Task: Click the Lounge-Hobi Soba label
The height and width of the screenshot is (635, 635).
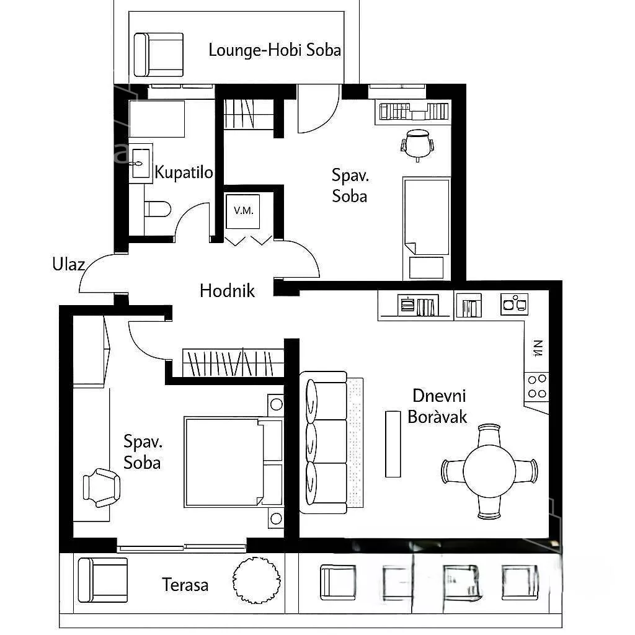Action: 275,50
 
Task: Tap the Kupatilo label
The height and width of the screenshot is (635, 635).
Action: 184,172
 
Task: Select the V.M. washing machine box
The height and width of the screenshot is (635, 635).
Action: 242,211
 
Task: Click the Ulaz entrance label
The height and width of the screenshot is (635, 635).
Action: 68,264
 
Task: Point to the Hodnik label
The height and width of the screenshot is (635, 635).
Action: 227,291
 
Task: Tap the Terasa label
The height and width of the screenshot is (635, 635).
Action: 185,585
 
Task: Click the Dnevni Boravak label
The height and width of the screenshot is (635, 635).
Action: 438,406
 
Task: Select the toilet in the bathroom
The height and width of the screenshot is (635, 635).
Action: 158,210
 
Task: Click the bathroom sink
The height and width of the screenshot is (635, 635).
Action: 141,163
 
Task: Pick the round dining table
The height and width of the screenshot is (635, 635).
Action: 489,471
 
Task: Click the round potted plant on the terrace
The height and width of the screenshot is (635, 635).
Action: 256,580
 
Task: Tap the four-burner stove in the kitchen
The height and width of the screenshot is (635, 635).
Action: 536,386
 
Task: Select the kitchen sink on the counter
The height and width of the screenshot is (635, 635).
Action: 514,304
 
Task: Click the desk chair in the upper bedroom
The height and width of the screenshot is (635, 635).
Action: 417,144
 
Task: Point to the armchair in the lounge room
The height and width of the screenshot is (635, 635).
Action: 158,55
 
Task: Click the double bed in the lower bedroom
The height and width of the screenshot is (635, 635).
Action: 233,461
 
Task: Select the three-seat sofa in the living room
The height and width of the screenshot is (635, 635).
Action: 323,443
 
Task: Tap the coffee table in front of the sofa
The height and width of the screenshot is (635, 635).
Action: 393,444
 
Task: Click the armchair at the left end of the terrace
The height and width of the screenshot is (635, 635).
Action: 102,580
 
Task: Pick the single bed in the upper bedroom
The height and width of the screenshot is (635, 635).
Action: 427,228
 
